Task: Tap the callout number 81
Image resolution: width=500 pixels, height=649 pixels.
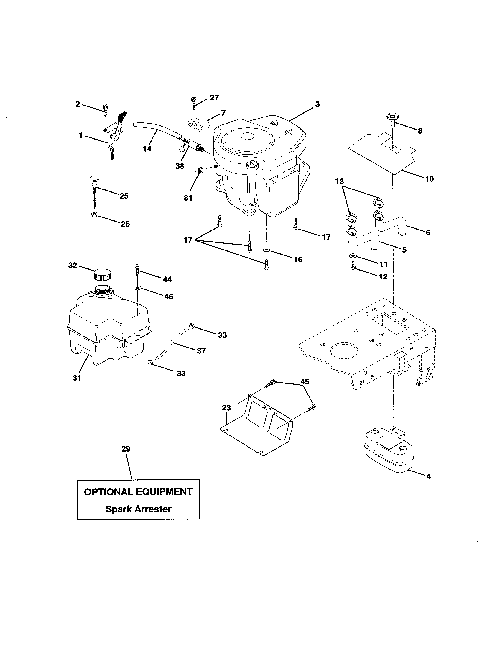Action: [188, 198]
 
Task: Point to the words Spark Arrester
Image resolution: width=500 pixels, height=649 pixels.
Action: [139, 509]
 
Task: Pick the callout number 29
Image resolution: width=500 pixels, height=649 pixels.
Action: [126, 449]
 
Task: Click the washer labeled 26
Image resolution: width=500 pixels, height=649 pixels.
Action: [94, 214]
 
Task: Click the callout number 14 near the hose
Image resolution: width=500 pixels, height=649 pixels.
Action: [147, 149]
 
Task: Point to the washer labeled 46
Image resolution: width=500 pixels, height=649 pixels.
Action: [137, 288]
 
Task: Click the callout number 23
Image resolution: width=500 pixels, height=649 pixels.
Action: [226, 408]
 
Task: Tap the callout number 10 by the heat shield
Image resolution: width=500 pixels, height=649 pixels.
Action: [430, 179]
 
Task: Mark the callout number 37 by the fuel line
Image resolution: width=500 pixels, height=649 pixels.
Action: [201, 351]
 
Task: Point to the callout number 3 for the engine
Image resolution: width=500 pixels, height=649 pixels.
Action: [318, 105]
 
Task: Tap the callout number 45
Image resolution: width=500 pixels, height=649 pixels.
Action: [305, 381]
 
